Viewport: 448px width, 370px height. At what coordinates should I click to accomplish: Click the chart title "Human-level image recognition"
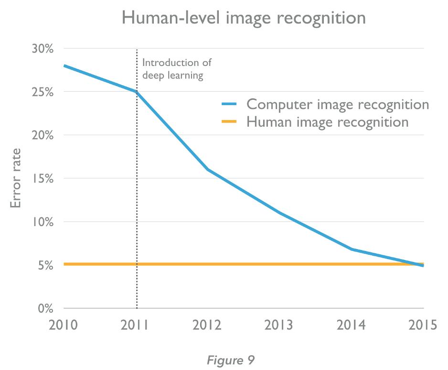point(244,18)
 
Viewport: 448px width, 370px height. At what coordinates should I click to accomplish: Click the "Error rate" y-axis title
point(16,178)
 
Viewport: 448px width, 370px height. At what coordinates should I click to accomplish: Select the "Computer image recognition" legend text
point(337,104)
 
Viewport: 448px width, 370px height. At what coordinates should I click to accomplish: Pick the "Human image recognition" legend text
point(327,121)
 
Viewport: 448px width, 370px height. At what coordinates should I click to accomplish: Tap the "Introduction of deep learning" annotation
point(176,69)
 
